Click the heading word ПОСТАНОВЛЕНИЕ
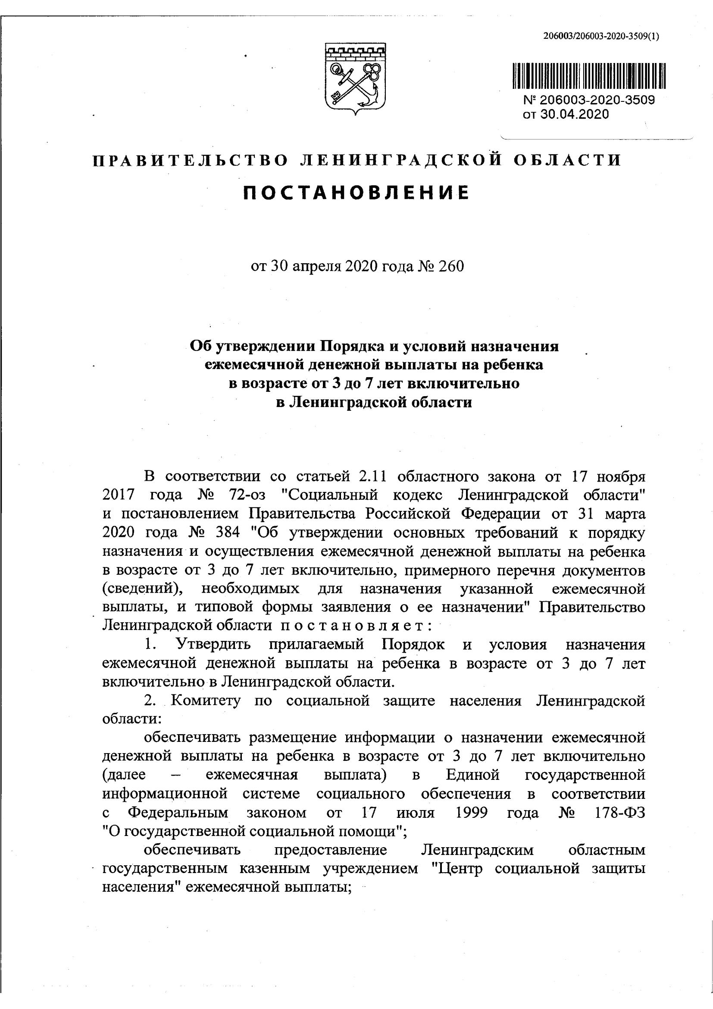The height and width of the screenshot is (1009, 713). point(356,192)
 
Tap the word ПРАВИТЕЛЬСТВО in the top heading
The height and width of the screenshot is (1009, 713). point(191,161)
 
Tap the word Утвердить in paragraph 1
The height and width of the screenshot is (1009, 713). point(213,645)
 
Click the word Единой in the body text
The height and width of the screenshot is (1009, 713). point(473,774)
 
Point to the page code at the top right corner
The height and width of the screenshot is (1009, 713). point(600,37)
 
